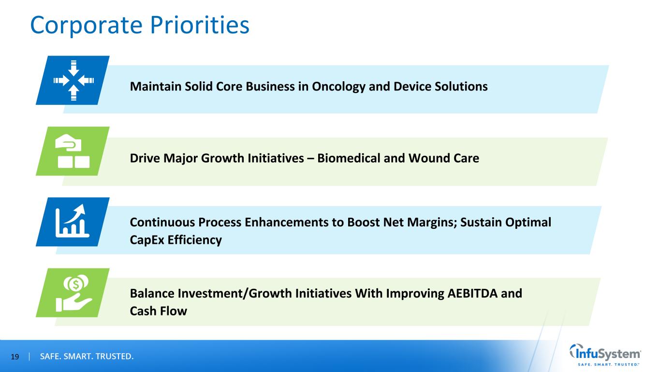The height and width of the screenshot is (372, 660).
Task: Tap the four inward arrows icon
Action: (73, 80)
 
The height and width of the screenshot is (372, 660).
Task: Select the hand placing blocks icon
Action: (73, 151)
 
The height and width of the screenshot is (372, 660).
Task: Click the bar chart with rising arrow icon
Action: (73, 222)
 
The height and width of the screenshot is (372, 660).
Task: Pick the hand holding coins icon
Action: (73, 293)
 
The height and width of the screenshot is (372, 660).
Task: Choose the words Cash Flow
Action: (158, 311)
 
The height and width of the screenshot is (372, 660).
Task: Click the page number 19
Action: (15, 357)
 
